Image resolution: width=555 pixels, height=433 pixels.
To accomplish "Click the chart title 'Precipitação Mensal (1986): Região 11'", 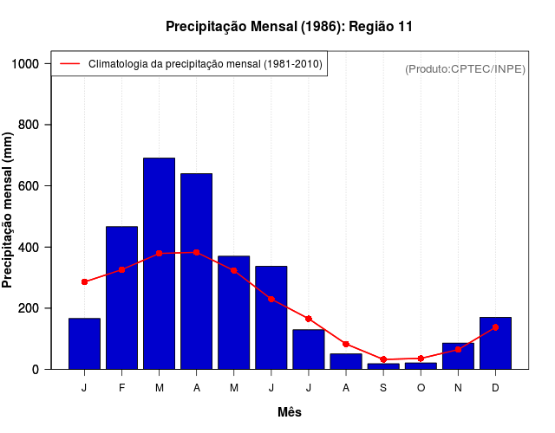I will coord(289,27).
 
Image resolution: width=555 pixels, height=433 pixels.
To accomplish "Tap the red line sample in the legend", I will coord(70,64).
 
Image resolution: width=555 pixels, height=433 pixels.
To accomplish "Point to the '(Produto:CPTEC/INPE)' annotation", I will coord(465,68).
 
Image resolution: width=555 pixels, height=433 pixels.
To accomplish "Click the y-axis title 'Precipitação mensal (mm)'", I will coord(9,209).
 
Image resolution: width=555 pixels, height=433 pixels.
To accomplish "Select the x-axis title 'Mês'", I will coord(290,412).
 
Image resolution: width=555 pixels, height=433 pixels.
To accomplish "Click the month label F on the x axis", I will coord(122,387).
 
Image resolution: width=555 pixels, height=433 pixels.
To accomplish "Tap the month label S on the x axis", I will coord(383,387).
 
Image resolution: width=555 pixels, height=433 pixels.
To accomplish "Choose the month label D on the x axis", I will coord(495,387).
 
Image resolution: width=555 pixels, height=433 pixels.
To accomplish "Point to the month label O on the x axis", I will coord(421,387).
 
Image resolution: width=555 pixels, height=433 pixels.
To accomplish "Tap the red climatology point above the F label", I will coord(122,269).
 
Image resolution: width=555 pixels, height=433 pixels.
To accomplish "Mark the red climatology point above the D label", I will coord(495,327).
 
